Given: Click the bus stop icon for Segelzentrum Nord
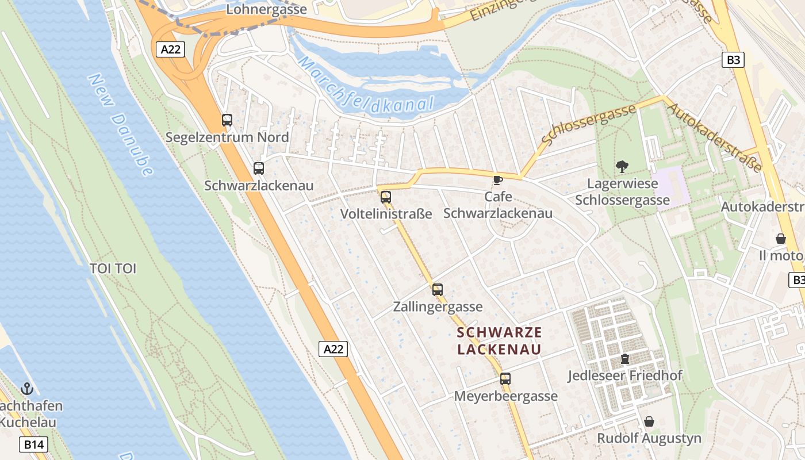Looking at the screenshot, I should point(227,120).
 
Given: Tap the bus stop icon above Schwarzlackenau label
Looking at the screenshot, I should point(259,168).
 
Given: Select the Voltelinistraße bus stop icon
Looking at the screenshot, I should point(385,197).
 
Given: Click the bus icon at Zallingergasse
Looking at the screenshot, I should point(438,289).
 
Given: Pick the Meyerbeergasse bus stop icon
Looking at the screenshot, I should point(505,378).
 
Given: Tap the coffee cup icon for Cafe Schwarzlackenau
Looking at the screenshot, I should point(498,180).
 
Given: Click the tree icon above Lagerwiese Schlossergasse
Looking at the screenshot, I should point(622,167).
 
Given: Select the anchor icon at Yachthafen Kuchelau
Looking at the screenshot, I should point(26,389).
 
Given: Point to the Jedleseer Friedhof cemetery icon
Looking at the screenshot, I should point(624,359).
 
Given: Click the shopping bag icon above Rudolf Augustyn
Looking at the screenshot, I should point(649,421).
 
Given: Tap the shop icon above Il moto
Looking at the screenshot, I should point(781,238).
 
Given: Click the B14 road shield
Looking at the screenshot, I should point(33,444).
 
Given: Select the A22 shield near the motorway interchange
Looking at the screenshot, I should point(171,49).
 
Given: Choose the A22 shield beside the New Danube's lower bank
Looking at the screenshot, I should point(333,348).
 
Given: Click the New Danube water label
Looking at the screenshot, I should point(121,124).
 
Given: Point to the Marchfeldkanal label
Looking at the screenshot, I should point(365,84).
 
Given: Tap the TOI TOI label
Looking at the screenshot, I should point(113,269).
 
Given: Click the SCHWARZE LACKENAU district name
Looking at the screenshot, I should point(499,340).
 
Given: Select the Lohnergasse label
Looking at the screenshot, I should point(267,9).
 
